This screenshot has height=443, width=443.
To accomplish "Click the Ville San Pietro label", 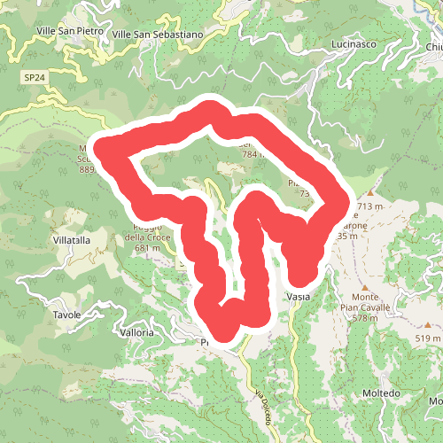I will pos(70,31).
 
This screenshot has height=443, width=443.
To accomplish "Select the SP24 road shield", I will pos(34,79).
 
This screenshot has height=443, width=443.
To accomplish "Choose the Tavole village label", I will pos(66,315).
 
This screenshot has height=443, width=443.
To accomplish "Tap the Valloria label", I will pos(137,332).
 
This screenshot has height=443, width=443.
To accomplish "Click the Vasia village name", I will pos(298,296).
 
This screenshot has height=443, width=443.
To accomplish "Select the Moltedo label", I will pos(382,392).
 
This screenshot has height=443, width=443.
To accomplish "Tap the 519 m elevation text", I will pos(428,338).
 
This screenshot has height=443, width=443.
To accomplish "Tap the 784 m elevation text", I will pos(253,154).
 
